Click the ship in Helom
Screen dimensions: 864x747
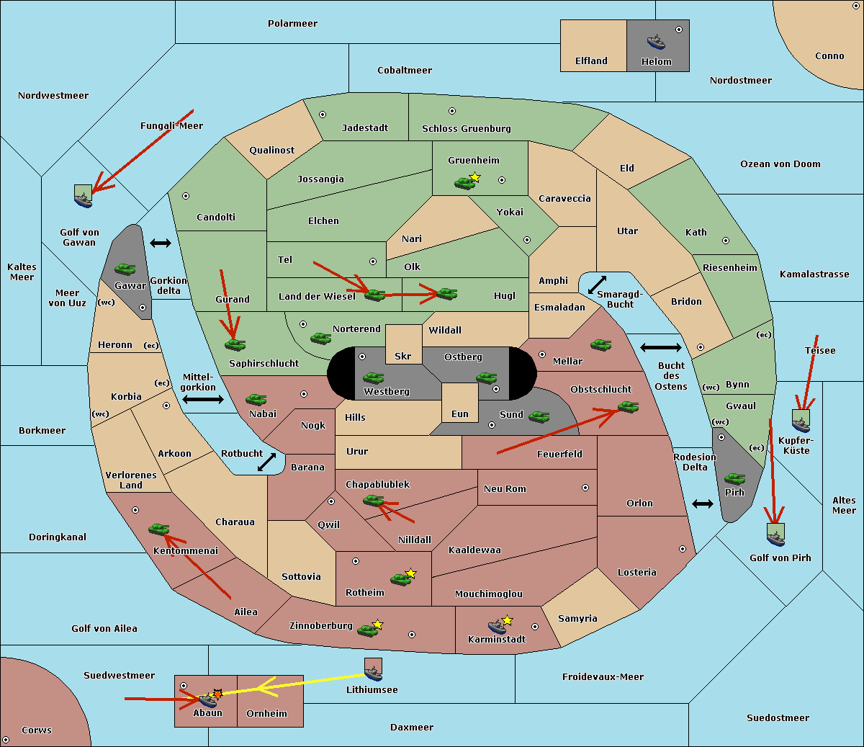pos(656,42)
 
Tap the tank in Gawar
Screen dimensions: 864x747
pos(125,269)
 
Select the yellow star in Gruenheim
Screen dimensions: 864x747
pos(475,177)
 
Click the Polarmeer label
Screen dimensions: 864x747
pos(292,24)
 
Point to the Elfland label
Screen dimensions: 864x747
pos(591,61)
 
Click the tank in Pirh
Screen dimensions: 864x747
pos(734,478)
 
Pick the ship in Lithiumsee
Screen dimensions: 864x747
pos(373,674)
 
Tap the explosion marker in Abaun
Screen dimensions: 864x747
pos(217,694)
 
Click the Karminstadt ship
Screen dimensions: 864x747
pos(497,627)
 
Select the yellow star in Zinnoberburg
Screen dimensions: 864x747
pos(377,625)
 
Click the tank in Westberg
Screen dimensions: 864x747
pos(373,377)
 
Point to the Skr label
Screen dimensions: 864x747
pos(403,357)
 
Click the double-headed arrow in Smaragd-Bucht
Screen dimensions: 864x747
pos(597,285)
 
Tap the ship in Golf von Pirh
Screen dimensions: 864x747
pos(776,539)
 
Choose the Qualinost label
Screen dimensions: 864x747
pos(271,150)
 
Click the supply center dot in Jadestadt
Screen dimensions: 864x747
pos(323,115)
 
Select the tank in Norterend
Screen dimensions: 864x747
pos(320,338)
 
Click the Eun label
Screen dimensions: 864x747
pos(460,414)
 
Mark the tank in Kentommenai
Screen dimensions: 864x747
pos(158,529)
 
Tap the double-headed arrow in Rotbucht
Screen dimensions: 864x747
pos(266,462)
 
